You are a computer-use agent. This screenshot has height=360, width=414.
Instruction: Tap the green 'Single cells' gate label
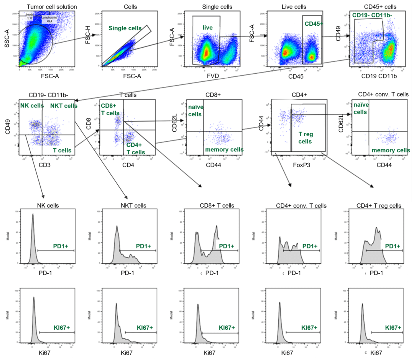click(x=125, y=28)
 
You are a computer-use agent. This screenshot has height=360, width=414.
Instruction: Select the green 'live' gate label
click(x=207, y=28)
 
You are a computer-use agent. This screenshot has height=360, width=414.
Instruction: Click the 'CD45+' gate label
click(x=314, y=23)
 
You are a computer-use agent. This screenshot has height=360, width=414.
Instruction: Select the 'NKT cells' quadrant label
click(x=64, y=106)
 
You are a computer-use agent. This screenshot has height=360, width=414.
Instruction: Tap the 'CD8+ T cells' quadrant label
click(x=110, y=109)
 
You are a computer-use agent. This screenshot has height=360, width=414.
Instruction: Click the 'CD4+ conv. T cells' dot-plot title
click(x=383, y=94)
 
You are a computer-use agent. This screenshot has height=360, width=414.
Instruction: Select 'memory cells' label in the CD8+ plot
click(x=224, y=149)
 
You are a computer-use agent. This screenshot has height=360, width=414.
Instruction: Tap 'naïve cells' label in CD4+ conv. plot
click(x=360, y=108)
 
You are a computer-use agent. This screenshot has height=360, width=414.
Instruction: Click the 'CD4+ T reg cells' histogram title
click(x=379, y=206)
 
